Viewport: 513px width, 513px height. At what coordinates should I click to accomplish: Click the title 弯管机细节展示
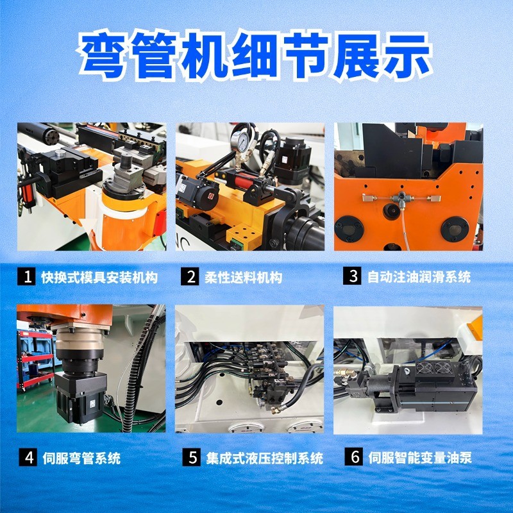256,57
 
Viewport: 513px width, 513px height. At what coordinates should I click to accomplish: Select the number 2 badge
191,277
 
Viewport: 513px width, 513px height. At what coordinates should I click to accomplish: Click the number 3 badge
353,277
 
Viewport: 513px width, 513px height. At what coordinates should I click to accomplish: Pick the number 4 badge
29,458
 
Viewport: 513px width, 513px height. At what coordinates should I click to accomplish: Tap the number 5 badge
191,458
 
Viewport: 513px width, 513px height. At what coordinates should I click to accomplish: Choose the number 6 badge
353,458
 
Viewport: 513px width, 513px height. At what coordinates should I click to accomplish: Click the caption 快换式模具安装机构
99,278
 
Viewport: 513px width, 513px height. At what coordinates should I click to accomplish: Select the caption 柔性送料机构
243,278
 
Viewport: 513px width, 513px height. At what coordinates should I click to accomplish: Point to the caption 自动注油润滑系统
419,278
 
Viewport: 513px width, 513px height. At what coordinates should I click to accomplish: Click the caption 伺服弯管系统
81,458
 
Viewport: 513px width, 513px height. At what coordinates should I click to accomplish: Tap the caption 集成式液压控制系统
265,458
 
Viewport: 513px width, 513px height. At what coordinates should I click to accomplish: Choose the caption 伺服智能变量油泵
421,458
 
